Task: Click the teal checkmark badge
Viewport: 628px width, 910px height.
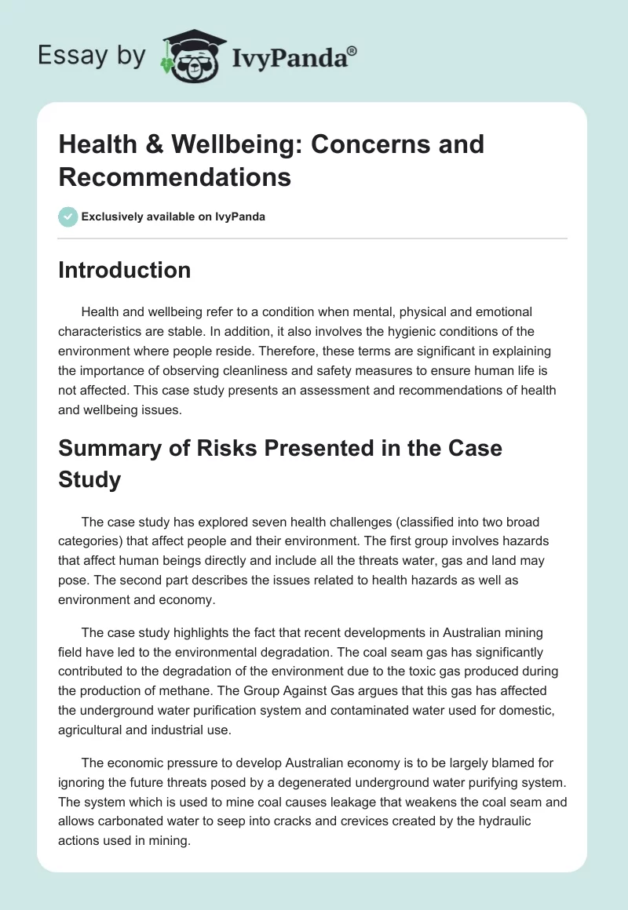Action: coord(68,217)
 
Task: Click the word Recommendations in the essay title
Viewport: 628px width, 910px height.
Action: coord(174,177)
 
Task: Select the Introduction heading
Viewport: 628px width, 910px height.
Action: coord(124,270)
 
